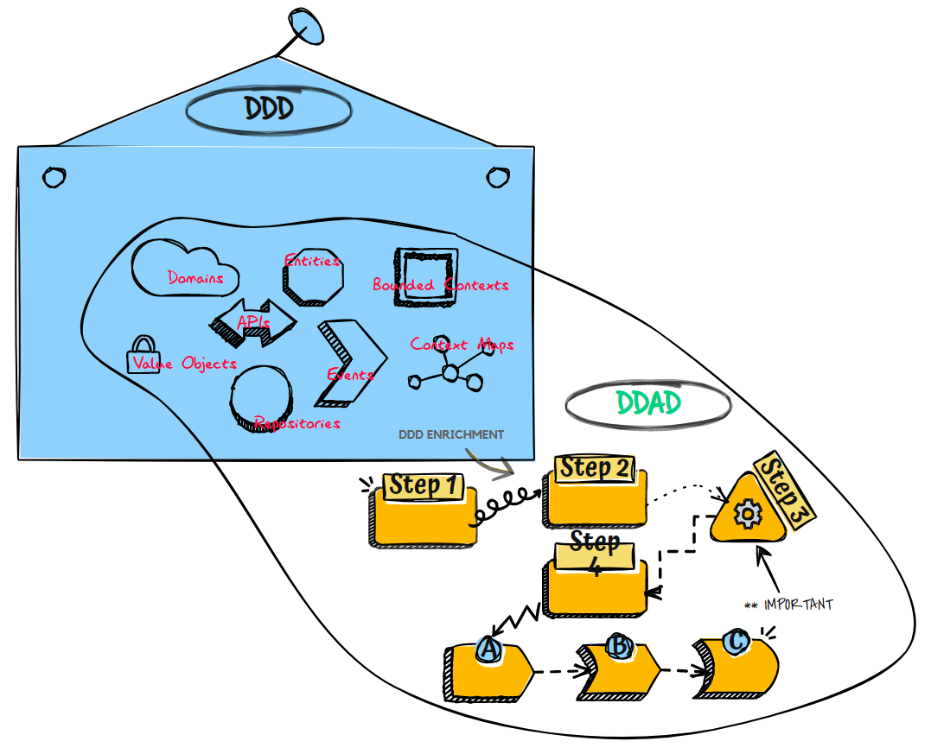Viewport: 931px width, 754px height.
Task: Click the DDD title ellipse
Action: [269, 110]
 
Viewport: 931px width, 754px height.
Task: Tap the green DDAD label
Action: [648, 403]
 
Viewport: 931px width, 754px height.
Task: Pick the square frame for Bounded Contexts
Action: [425, 276]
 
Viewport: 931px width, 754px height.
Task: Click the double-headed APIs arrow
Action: [252, 323]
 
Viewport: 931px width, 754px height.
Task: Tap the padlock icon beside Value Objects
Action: [140, 357]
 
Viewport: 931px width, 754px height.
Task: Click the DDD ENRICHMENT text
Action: [450, 434]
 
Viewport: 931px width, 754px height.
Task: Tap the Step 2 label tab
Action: [595, 468]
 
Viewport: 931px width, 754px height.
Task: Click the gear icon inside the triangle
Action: [744, 515]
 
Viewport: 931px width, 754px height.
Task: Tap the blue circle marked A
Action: [489, 649]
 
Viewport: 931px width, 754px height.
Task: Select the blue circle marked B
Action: [619, 646]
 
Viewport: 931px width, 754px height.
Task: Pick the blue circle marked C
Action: [736, 642]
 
